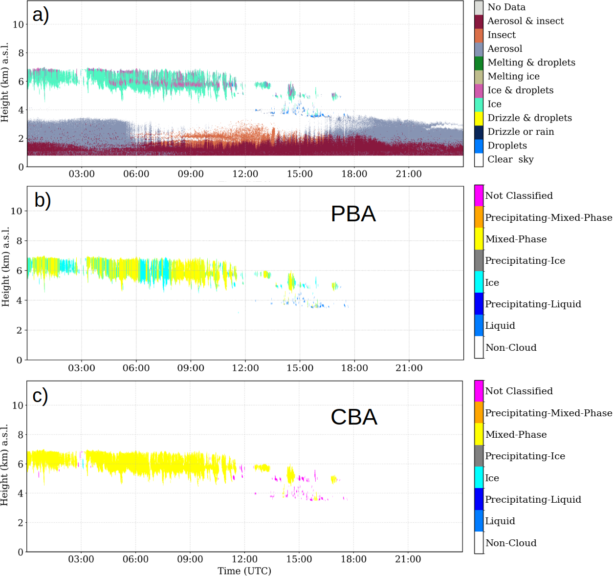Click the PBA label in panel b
tap(353, 214)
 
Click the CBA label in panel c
tap(354, 417)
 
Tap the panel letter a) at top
tap(41, 15)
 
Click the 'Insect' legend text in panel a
tap(501, 35)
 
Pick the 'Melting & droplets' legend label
tap(531, 63)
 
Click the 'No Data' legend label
tap(506, 7)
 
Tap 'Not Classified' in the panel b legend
tap(518, 196)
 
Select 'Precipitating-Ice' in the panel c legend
tap(525, 456)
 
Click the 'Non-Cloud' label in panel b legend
tap(510, 348)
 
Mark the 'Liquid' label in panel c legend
tap(500, 521)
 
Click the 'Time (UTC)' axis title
tap(244, 571)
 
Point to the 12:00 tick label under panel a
tap(245, 174)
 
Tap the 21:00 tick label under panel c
tap(408, 559)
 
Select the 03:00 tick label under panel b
tap(82, 368)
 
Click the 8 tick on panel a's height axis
tap(21, 53)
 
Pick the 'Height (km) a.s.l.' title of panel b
tap(5, 267)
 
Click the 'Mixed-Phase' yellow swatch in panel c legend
tap(479, 434)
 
